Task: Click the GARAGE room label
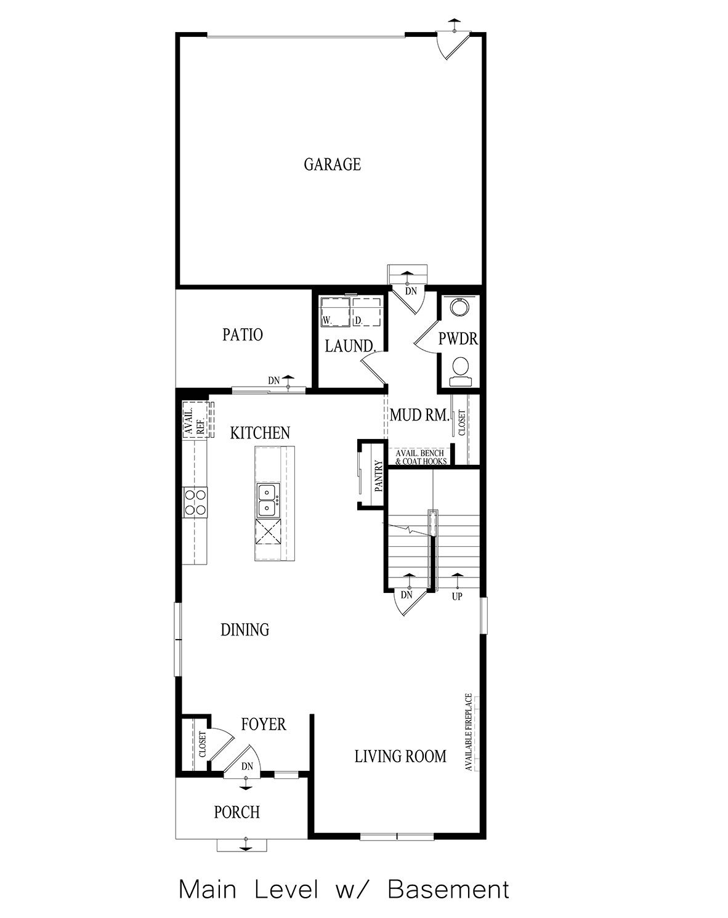(332, 164)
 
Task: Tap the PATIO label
(242, 335)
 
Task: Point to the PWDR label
(458, 339)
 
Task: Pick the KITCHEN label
(259, 433)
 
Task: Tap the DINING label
(245, 629)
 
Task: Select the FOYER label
(263, 724)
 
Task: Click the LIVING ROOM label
(400, 756)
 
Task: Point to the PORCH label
(237, 812)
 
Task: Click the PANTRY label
(378, 475)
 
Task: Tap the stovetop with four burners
(195, 501)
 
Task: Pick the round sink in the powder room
(458, 307)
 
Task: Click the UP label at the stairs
(456, 596)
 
